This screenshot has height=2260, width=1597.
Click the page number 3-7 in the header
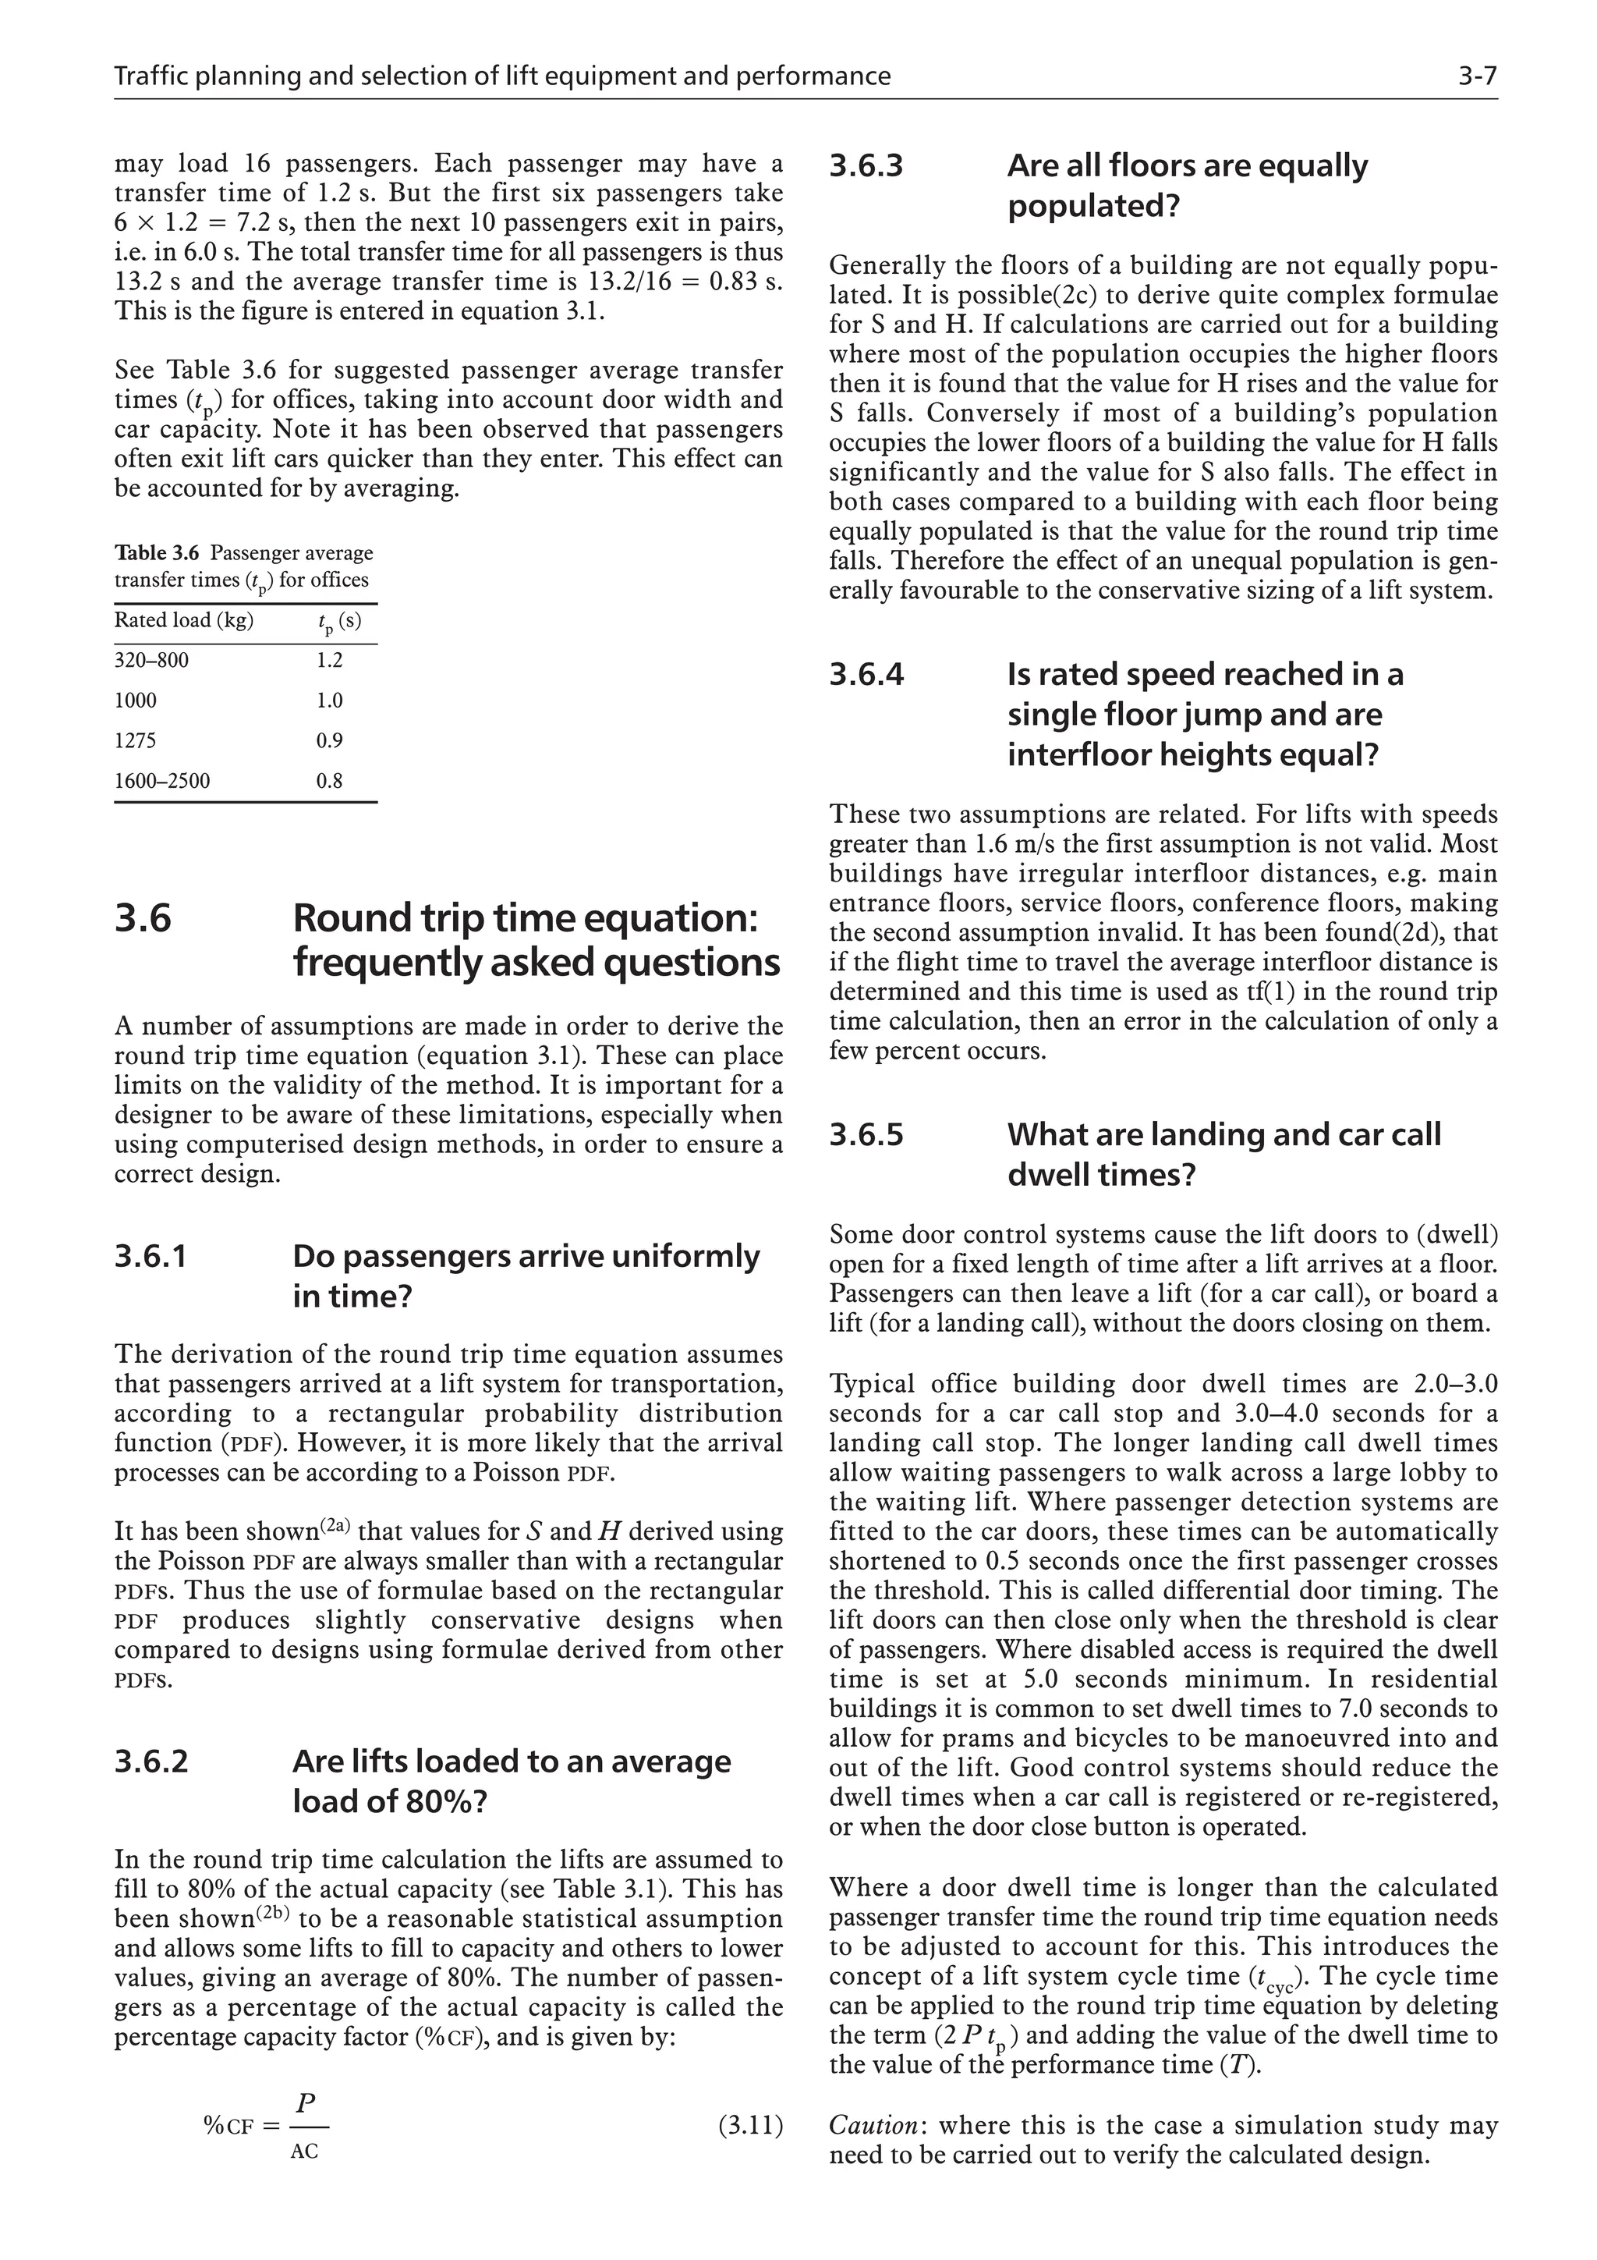[1477, 76]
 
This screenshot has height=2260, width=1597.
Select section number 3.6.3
[866, 166]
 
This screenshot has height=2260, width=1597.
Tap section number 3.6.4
[866, 676]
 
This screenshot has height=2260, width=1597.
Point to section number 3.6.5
[866, 1135]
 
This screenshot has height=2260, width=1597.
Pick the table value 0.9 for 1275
[330, 741]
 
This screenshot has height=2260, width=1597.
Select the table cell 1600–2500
[162, 782]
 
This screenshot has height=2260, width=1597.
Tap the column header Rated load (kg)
[184, 620]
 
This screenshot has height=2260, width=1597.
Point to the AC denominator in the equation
[305, 2152]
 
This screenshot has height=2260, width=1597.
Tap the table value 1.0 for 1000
[330, 701]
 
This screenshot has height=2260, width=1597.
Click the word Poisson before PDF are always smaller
[207, 1562]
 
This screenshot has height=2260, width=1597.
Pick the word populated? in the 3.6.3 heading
[1093, 208]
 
